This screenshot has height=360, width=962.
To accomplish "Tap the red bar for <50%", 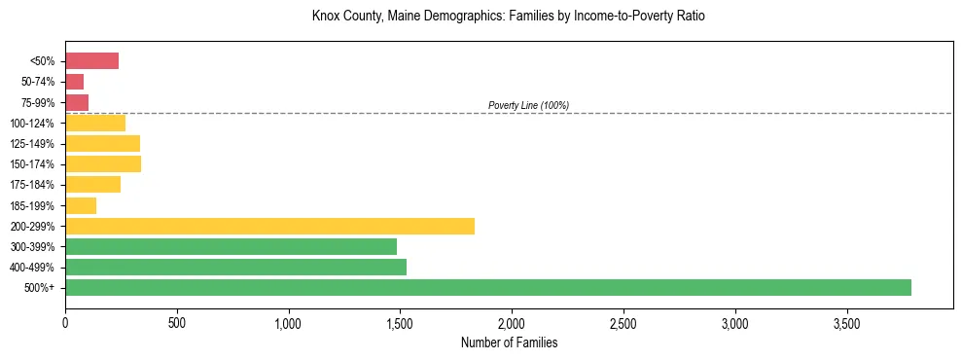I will [x=91, y=61].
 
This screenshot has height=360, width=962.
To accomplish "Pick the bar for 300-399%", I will [x=231, y=246].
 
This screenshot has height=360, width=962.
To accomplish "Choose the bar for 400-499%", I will [x=235, y=267].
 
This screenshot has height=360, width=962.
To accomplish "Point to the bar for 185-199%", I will [x=81, y=205].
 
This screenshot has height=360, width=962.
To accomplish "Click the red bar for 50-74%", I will [x=74, y=82].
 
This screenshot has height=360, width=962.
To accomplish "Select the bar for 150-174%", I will [x=103, y=163].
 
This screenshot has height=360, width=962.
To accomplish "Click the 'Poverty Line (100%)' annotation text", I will [x=528, y=105].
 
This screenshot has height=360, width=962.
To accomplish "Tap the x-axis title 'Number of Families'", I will [x=509, y=342].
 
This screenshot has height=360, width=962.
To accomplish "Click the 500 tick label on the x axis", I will [x=176, y=323].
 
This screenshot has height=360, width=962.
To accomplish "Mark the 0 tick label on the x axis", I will [x=65, y=323].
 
